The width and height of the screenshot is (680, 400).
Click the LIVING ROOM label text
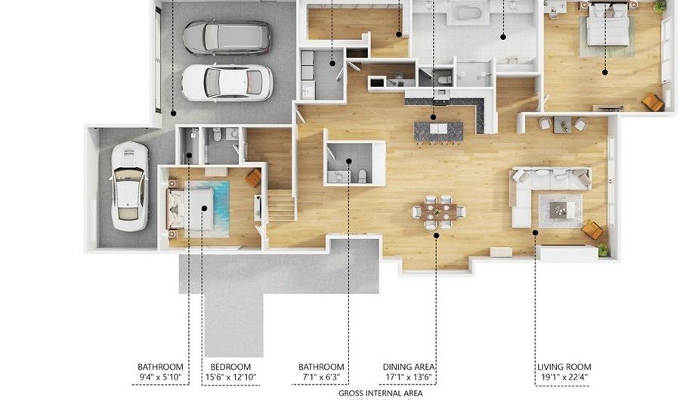[x=564, y=367]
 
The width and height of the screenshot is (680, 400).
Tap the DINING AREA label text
[x=409, y=367]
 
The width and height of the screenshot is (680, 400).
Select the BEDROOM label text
[x=230, y=367]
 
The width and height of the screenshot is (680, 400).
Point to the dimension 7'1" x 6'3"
[x=321, y=377]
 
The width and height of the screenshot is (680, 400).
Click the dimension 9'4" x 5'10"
[x=160, y=377]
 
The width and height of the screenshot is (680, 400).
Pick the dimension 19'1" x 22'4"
[x=564, y=377]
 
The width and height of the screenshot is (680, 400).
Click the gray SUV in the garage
[x=227, y=37]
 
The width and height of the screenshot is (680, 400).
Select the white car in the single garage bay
[x=129, y=187]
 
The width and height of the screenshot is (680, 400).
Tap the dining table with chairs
[x=438, y=212]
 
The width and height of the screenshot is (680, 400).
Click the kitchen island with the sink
[x=438, y=131]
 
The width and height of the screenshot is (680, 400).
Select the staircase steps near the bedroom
[x=282, y=206]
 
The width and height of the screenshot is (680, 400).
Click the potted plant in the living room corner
[x=603, y=250]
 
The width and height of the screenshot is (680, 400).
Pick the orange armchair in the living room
[x=592, y=230]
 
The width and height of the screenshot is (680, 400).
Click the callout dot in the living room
[x=535, y=233]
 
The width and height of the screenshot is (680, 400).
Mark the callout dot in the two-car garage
[x=173, y=113]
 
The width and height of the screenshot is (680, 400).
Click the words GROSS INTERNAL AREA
[x=380, y=393]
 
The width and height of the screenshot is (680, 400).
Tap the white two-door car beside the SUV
[x=227, y=83]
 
